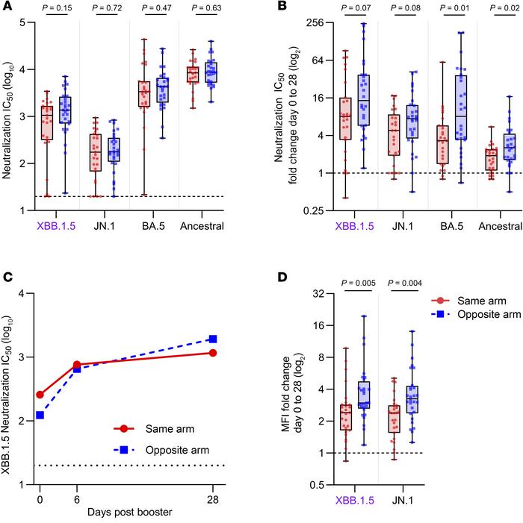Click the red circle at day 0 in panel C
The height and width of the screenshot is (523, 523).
tap(40, 395)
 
